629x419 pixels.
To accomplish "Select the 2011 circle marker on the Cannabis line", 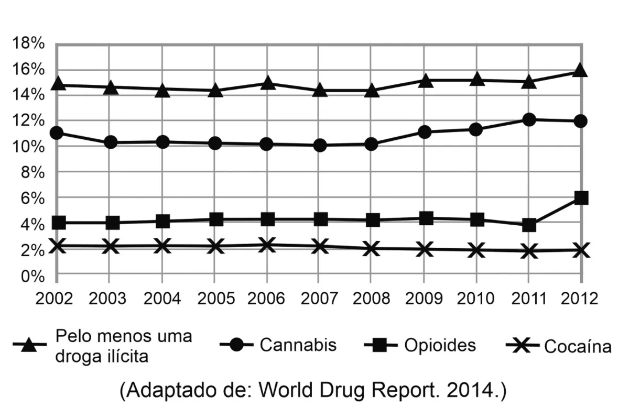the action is [529, 120].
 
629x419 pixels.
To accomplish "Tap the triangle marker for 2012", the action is [580, 70].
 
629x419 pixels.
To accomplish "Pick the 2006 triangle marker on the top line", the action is [267, 83].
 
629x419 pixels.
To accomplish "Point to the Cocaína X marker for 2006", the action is [266, 245].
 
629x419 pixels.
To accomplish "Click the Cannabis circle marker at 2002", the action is [57, 133].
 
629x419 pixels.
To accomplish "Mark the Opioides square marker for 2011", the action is [529, 225].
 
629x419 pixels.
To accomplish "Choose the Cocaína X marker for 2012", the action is [581, 250].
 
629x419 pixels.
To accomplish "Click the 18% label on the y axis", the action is [28, 43].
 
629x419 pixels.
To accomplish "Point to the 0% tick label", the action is [33, 277].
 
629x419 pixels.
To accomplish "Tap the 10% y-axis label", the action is [28, 147].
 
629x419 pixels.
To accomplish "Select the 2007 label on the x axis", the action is [319, 298].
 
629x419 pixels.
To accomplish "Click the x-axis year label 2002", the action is [54, 298].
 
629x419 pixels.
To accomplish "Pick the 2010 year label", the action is [475, 298].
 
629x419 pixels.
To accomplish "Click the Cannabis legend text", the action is [298, 345].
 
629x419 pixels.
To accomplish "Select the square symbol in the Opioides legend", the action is [381, 345].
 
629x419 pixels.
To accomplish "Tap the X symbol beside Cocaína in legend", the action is [522, 345].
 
